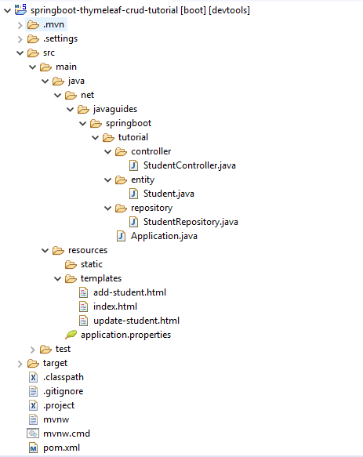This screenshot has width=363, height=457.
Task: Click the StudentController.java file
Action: (189, 165)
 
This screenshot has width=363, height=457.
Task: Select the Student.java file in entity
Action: (169, 194)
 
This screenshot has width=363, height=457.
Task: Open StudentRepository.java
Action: (191, 222)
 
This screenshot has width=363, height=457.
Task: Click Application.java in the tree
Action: (164, 236)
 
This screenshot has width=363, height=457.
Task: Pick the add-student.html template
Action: (129, 292)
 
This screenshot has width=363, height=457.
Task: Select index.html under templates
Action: (115, 306)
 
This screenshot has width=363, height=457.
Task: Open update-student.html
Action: (136, 321)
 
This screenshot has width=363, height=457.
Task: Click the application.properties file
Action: (125, 335)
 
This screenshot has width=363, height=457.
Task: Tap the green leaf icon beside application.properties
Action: (71, 335)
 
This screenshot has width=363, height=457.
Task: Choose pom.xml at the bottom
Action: (61, 448)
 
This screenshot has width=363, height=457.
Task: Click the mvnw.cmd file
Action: (67, 433)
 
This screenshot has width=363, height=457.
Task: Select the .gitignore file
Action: (63, 391)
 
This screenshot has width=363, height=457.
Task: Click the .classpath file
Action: (64, 377)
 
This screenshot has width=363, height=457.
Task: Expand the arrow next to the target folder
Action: (20, 364)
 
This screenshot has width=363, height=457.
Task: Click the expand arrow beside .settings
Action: (20, 39)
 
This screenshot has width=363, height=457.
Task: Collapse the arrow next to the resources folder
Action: (45, 250)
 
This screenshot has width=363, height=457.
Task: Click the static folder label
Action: (92, 264)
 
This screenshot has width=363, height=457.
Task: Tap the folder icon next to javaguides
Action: (83, 110)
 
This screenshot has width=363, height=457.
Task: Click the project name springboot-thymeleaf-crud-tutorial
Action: (104, 10)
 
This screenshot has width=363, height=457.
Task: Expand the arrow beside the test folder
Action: (32, 350)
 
